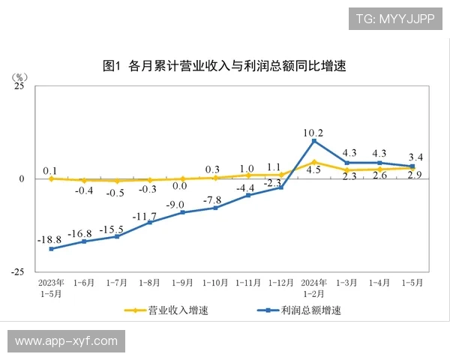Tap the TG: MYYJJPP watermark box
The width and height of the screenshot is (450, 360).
pyautogui.click(x=395, y=18)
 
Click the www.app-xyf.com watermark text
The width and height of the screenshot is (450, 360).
pyautogui.click(x=66, y=340)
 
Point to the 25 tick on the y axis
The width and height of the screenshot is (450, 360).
pyautogui.click(x=19, y=86)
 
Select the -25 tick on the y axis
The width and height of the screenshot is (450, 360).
pyautogui.click(x=17, y=271)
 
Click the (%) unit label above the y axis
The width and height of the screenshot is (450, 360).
pyautogui.click(x=20, y=76)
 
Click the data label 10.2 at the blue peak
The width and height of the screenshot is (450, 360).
pyautogui.click(x=313, y=133)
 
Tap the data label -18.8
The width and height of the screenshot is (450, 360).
pyautogui.click(x=50, y=239)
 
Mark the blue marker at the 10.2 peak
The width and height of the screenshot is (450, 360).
pyautogui.click(x=313, y=141)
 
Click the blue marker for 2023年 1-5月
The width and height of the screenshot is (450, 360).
pyautogui.click(x=51, y=249)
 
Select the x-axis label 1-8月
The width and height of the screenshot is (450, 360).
pyautogui.click(x=149, y=283)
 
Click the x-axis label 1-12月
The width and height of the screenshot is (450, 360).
pyautogui.click(x=280, y=283)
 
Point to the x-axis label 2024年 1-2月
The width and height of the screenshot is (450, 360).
pyautogui.click(x=313, y=289)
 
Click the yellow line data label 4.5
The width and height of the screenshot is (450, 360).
pyautogui.click(x=313, y=171)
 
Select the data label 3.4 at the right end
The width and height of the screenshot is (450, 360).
pyautogui.click(x=414, y=157)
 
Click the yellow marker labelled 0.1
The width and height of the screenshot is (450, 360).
pyautogui.click(x=51, y=178)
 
